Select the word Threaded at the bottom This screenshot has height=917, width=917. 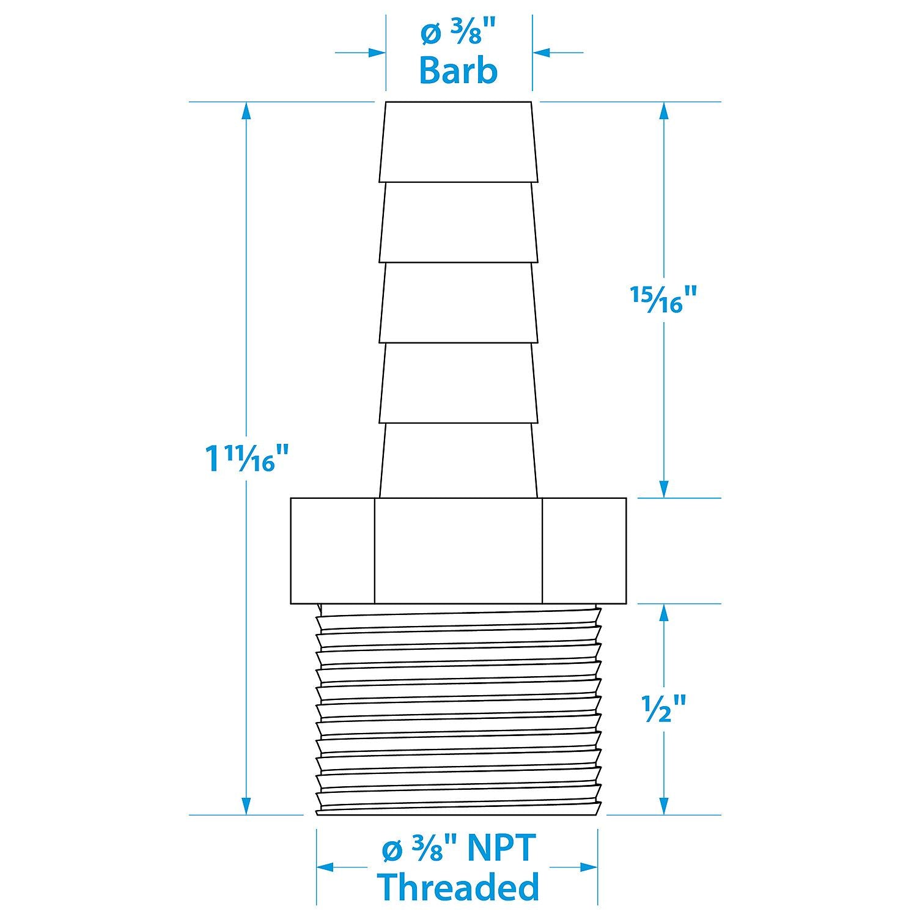(458, 887)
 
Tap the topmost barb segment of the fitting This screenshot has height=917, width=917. (458, 142)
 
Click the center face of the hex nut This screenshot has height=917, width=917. (458, 550)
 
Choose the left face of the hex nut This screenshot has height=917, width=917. (333, 550)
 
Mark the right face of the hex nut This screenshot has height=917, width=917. (584, 550)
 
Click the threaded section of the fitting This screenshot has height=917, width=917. (457, 709)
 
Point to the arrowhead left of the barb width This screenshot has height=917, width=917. (377, 53)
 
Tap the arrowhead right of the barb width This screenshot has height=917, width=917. (542, 53)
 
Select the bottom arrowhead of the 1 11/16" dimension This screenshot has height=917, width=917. (246, 805)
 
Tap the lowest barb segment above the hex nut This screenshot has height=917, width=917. (458, 461)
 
